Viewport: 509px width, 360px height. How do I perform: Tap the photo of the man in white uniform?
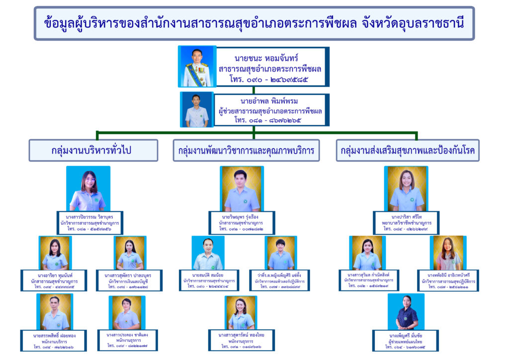pyautogui.click(x=197, y=67)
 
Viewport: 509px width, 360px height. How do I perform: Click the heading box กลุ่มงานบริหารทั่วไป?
pyautogui.click(x=93, y=151)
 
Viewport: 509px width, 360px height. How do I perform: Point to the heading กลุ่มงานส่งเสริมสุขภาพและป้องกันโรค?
pyautogui.click(x=408, y=151)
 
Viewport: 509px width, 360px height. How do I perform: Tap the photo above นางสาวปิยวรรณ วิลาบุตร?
pyautogui.click(x=88, y=189)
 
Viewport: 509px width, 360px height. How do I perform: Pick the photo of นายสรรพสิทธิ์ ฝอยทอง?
pyautogui.click(x=55, y=312)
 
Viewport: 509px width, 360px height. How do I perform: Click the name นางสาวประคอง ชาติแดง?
pyautogui.click(x=128, y=335)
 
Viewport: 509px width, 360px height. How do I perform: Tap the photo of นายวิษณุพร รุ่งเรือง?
pyautogui.click(x=242, y=189)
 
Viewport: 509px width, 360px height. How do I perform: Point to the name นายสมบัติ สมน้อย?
pyautogui.click(x=208, y=275)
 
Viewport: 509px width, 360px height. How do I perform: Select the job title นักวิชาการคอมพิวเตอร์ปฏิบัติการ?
pyautogui.click(x=281, y=281)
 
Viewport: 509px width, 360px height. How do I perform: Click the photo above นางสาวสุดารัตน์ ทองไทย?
pyautogui.click(x=241, y=313)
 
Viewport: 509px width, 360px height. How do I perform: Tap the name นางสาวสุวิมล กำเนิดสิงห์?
pyautogui.click(x=368, y=274)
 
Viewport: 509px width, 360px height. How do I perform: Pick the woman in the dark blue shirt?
pyautogui.click(x=406, y=312)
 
